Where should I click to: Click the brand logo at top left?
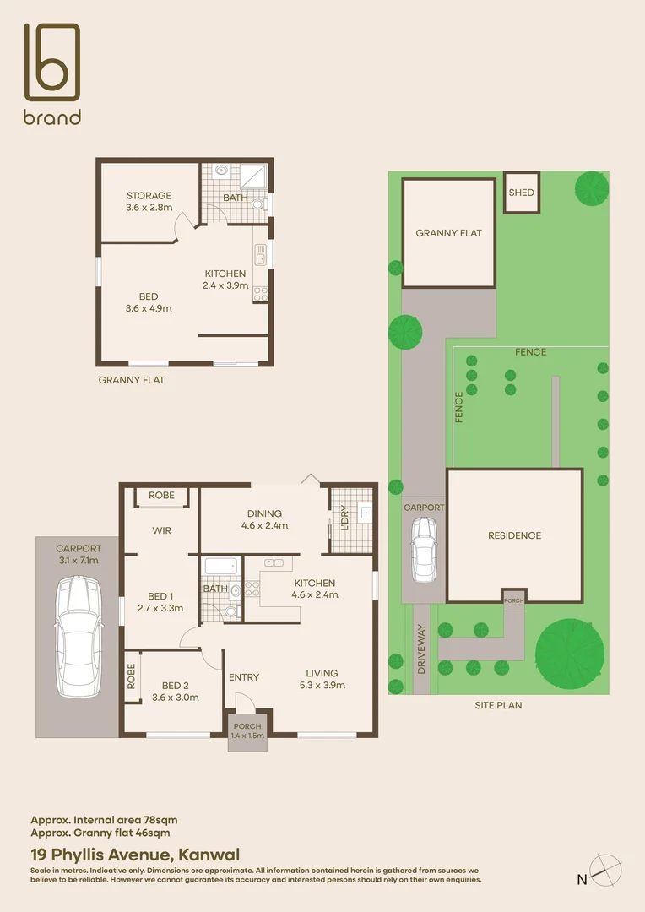(52, 73)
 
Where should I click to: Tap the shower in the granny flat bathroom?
(252, 176)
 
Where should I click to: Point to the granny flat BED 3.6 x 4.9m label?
(149, 302)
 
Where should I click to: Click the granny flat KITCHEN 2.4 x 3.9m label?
(225, 280)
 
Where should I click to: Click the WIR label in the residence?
(162, 531)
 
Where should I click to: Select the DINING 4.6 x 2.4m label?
(264, 518)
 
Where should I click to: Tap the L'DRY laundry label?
(344, 516)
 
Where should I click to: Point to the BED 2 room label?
(176, 691)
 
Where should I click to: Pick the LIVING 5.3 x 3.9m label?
(322, 679)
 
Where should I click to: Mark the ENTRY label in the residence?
(244, 677)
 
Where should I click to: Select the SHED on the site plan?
(522, 193)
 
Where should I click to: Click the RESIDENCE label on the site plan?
(514, 535)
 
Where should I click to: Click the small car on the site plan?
(423, 550)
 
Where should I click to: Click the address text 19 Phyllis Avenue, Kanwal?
(135, 855)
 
